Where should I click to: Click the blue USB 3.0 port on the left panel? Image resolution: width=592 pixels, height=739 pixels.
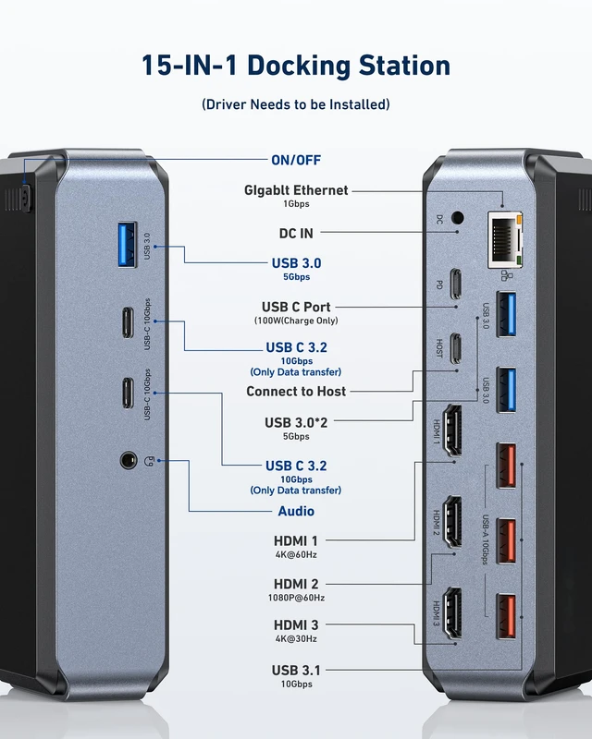pos(128,245)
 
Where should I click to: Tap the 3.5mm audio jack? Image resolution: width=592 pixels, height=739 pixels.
pos(129,460)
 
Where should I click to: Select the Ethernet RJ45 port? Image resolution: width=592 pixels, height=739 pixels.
pos(505,240)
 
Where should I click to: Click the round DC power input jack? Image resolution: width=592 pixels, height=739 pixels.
pos(457,218)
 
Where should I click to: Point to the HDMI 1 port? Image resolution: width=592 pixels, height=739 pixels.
pos(453,430)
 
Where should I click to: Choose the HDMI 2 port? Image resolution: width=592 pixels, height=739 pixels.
pos(453,521)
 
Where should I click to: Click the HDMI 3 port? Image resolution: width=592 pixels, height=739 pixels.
pos(453,612)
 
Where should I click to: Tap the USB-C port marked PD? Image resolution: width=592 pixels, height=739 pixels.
pos(455,284)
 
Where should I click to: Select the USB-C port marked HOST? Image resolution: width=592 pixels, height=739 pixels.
pos(455,348)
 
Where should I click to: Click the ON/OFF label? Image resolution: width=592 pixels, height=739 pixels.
pos(296,160)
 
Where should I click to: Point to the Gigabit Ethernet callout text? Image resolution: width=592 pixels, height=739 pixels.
pos(296,190)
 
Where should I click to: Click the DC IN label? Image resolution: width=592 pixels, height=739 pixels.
pos(296,234)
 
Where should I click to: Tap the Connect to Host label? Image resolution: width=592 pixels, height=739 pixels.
pos(296,391)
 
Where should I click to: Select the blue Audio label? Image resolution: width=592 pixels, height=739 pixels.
pos(296,511)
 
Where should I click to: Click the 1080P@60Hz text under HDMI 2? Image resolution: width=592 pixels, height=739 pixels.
pos(296,598)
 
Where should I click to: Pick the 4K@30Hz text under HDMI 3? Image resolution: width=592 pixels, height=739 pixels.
pos(296,638)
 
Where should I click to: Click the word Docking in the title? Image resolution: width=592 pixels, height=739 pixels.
pos(299,66)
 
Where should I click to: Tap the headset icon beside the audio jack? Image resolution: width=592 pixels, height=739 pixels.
pos(148,461)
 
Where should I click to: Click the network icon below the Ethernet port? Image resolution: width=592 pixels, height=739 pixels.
pos(506,275)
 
